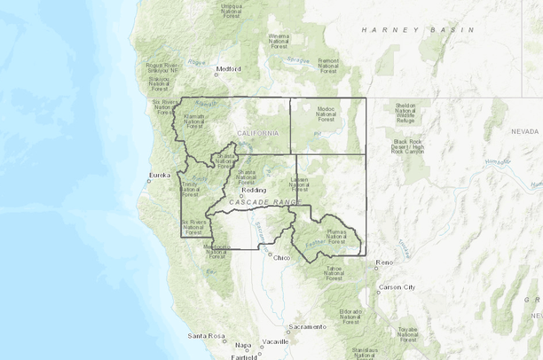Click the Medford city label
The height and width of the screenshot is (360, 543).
tap(229, 68)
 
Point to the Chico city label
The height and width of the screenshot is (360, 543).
tap(282, 258)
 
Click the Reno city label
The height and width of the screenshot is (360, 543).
tap(384, 263)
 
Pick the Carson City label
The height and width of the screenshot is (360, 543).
tap(397, 287)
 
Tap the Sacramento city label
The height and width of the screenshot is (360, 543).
tap(306, 326)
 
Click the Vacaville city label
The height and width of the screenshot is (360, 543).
tap(276, 341)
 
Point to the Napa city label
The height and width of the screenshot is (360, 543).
tap(243, 345)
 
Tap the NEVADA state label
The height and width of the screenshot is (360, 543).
tap(525, 130)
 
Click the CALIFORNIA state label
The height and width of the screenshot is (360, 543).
tap(258, 133)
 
